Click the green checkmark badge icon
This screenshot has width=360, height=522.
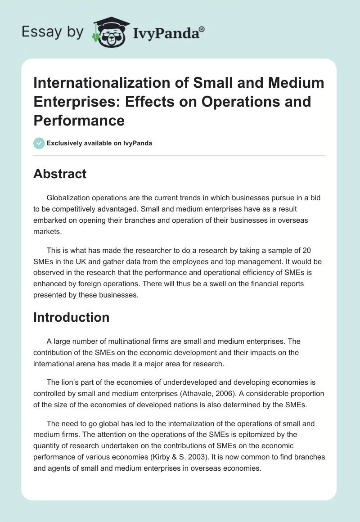tap(39, 143)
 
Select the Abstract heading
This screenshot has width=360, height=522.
tap(60, 174)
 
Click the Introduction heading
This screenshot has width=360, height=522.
tap(71, 317)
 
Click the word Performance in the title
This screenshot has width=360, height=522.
tap(79, 120)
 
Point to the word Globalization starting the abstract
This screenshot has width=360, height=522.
tap(69, 198)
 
